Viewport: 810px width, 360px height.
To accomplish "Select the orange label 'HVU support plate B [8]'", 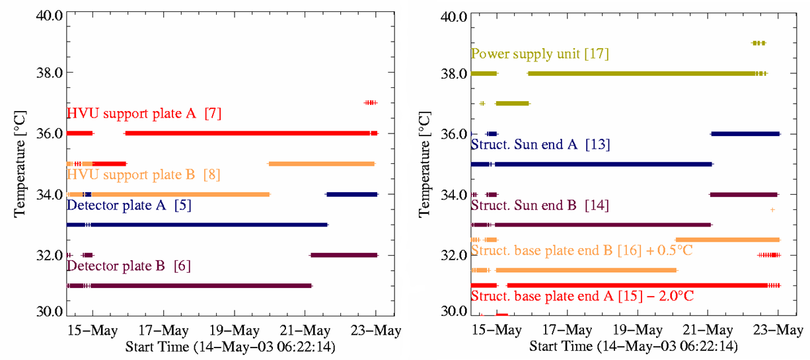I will [144, 175].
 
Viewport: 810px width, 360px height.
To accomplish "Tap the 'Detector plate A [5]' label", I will [129, 205].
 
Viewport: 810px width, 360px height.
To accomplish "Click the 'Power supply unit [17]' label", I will [540, 54].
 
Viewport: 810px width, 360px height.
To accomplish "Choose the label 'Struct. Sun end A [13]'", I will [540, 144].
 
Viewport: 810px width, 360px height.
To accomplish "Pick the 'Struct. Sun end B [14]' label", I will [540, 205].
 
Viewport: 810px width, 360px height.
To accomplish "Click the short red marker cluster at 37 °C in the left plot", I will [370, 102].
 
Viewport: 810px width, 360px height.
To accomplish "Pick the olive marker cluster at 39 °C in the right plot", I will [758, 43].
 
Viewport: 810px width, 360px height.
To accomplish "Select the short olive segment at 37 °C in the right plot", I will [512, 103].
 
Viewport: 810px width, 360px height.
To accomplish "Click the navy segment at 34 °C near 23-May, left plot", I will [351, 194].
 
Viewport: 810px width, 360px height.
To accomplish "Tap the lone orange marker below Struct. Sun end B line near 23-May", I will [772, 209].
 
